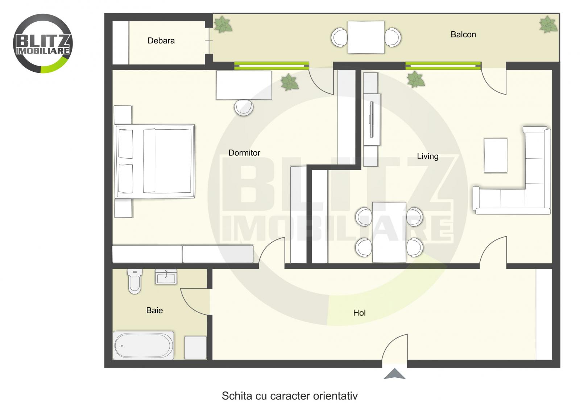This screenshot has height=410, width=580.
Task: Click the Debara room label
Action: (161, 41)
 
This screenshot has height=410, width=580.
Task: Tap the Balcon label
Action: (463, 35)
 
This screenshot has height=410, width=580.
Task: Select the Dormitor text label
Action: (244, 153)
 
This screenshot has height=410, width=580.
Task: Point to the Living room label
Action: (427, 156)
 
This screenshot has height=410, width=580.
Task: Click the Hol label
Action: (359, 313)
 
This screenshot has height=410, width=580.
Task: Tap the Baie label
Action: (154, 310)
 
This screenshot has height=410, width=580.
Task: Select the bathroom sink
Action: (166, 277)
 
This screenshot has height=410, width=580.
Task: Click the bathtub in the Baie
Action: (144, 346)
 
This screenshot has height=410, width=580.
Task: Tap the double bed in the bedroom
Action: (155, 162)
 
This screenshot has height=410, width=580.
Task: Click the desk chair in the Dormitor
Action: (244, 108)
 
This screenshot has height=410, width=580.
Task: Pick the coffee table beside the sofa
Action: (496, 155)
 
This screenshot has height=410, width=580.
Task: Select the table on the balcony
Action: (366, 37)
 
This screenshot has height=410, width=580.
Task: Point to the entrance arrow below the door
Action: (394, 374)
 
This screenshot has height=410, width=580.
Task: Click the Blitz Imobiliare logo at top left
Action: (43, 43)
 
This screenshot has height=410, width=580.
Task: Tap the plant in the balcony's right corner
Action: (548, 25)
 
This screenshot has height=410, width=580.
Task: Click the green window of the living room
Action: (443, 66)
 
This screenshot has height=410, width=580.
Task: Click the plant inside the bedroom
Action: (289, 82)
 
